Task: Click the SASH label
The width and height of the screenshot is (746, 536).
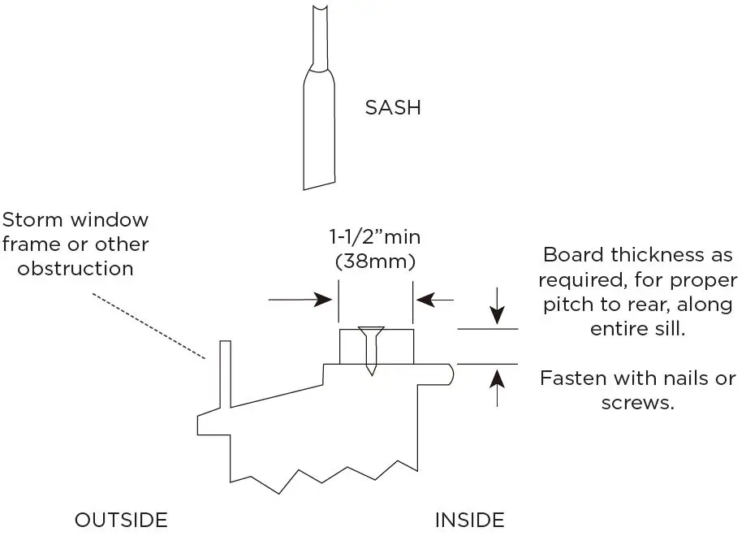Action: pyautogui.click(x=393, y=108)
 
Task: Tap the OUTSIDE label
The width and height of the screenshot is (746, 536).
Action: pyautogui.click(x=121, y=520)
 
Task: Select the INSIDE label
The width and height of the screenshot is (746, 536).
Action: pyautogui.click(x=469, y=520)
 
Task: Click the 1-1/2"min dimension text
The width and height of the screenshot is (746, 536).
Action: pyautogui.click(x=376, y=238)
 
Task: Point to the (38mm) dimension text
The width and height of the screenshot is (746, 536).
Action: pyautogui.click(x=376, y=262)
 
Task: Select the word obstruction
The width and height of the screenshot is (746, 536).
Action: pyautogui.click(x=75, y=269)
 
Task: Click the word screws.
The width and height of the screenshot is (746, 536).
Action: pyautogui.click(x=637, y=403)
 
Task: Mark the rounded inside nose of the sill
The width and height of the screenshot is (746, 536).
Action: pyautogui.click(x=450, y=374)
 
